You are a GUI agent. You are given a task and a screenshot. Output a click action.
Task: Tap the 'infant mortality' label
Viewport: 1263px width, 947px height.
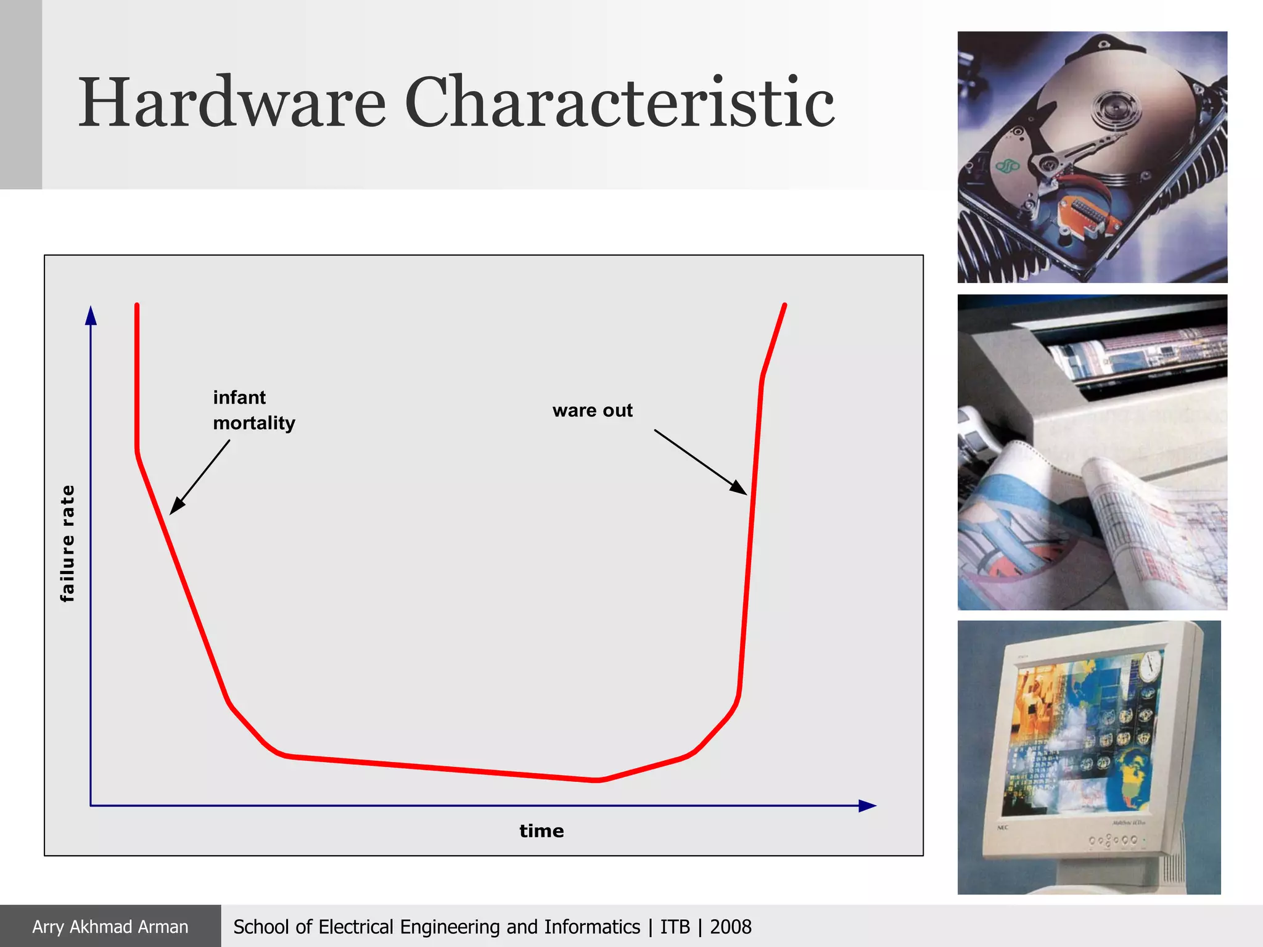point(253,410)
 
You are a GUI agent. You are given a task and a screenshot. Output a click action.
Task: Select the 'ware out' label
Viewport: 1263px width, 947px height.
point(592,411)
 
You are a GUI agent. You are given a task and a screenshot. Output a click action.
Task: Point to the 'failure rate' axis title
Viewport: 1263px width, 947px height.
point(67,543)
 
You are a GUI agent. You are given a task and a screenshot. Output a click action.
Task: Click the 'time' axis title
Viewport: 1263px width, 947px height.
point(541,831)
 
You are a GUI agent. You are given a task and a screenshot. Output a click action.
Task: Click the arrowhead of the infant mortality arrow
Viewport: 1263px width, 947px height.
point(175,507)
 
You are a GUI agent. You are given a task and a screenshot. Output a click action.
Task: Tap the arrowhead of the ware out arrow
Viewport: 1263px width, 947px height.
point(739,488)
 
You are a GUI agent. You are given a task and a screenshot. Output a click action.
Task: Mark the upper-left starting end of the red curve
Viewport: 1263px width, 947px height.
point(137,305)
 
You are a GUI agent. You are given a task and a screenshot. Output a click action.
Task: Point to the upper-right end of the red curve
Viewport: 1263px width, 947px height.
point(784,305)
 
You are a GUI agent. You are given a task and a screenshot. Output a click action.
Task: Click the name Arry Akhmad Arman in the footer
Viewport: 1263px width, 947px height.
point(110,927)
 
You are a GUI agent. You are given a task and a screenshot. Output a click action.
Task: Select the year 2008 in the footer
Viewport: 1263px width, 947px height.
point(731,927)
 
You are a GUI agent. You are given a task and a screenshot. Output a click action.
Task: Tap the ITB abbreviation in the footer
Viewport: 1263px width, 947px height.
point(675,927)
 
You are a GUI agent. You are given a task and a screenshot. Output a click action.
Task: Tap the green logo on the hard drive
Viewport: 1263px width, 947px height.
point(1008,165)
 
